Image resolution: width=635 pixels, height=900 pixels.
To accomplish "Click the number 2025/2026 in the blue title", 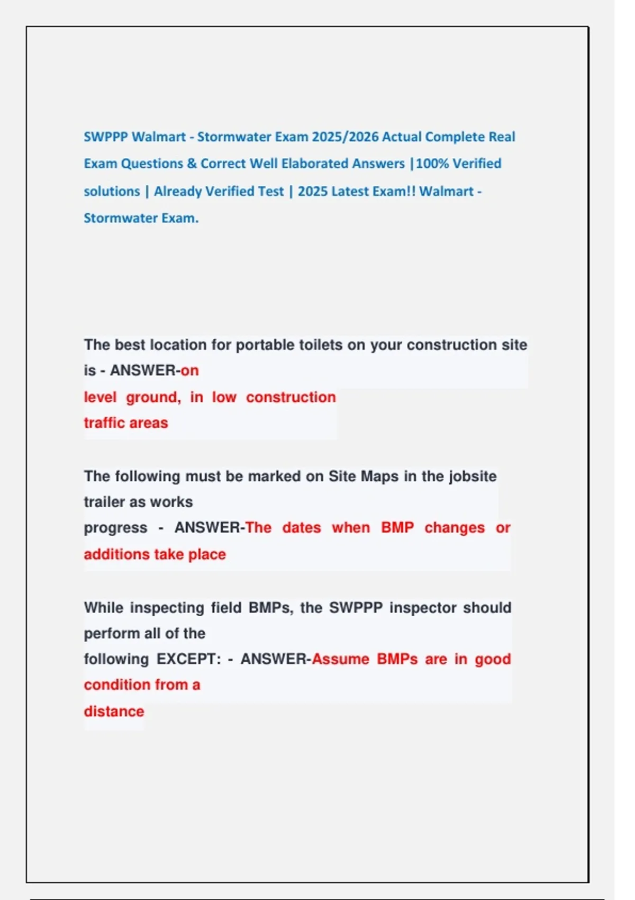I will pyautogui.click(x=344, y=137).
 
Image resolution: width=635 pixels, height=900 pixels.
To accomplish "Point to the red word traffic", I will pyautogui.click(x=105, y=422).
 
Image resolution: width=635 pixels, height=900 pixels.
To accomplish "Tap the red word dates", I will pyautogui.click(x=302, y=528).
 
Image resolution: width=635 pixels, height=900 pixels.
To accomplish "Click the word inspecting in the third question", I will pyautogui.click(x=167, y=607).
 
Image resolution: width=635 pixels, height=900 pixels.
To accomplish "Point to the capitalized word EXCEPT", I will pyautogui.click(x=188, y=659).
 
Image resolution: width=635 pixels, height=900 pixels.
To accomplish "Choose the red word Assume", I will pyautogui.click(x=341, y=659).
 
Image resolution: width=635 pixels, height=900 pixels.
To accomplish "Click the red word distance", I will pyautogui.click(x=114, y=711).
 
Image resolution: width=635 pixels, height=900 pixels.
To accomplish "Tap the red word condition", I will pyautogui.click(x=117, y=685).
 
